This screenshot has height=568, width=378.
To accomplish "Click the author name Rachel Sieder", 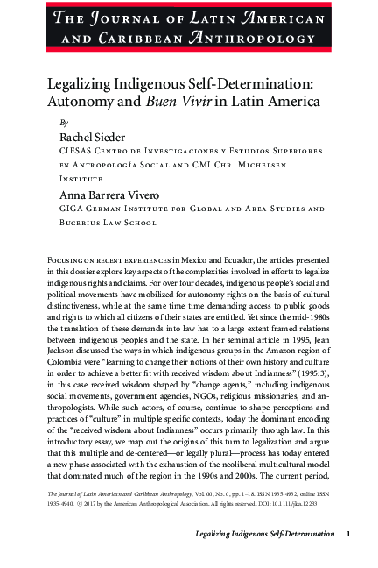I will [x=93, y=138].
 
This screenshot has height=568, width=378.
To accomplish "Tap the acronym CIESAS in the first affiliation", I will [x=77, y=152].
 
